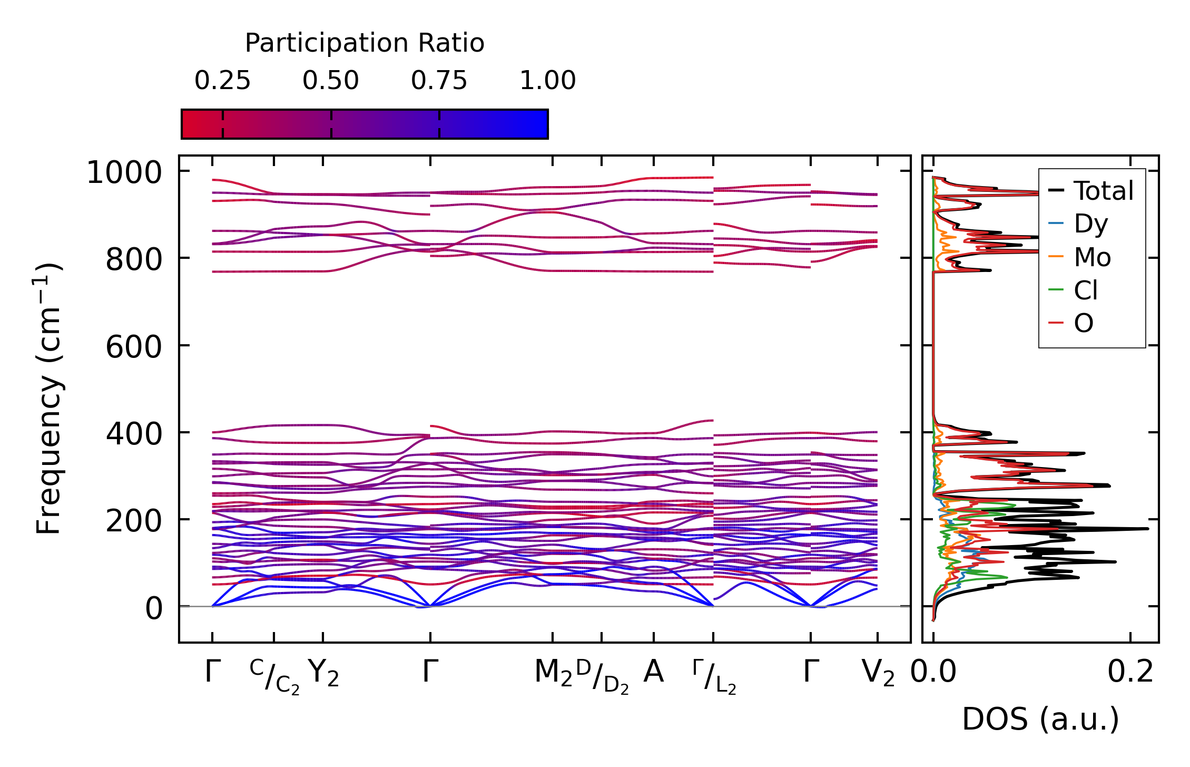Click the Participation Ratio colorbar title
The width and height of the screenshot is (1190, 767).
365,43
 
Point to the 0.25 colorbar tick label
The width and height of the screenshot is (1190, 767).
222,81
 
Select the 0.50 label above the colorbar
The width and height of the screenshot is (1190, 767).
331,81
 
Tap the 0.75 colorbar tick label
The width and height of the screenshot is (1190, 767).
439,81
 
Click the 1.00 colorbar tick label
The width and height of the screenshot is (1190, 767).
548,81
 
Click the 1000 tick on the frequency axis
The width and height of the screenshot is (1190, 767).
124,172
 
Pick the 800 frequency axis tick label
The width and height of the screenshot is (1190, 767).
134,259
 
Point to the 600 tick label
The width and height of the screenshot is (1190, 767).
134,347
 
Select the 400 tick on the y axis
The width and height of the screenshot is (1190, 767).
134,434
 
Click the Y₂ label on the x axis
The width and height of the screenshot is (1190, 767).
323,674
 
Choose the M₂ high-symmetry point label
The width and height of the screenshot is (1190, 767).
553,674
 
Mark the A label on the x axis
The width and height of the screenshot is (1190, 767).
653,672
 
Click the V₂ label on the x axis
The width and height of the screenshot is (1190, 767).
878,674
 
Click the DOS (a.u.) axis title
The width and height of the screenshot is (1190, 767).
1040,719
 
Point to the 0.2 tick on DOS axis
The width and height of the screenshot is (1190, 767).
1130,672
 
